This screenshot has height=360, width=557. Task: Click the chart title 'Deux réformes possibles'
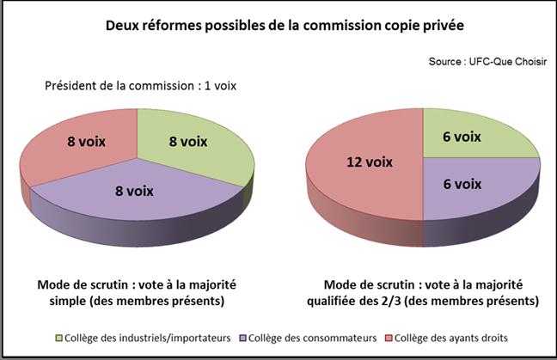coord(284,26)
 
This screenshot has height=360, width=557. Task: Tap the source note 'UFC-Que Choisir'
coord(487,62)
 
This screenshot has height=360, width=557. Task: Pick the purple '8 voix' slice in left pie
coord(138,206)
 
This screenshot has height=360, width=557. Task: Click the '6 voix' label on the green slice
coord(461,137)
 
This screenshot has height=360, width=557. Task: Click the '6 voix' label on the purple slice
coord(461,184)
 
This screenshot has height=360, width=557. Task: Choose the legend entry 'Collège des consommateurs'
coord(315,339)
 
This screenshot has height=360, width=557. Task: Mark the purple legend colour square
coord(245,339)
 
